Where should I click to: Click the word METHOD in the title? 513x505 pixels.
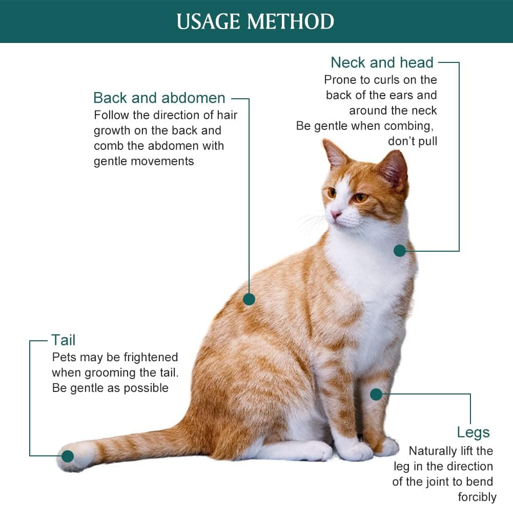[291, 21]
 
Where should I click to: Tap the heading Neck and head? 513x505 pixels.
[382, 62]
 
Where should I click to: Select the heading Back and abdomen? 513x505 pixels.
[159, 98]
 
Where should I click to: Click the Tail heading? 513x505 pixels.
[64, 340]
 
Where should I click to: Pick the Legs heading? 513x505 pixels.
[473, 432]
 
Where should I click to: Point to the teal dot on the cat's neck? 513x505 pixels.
[399, 251]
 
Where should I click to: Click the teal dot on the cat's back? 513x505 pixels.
[249, 299]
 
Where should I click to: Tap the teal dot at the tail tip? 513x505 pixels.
[68, 456]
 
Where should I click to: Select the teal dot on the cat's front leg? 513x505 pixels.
[376, 394]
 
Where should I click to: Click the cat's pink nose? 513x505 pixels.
[336, 214]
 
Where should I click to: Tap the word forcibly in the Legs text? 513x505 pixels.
[477, 497]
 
